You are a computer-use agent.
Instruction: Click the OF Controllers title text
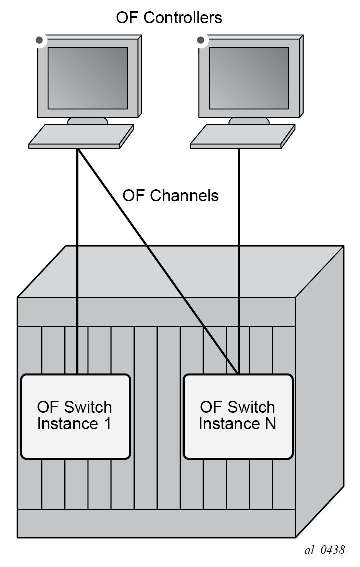coord(169,18)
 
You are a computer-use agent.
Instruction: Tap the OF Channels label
coord(170,196)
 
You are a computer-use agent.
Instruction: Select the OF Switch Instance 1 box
coord(75,416)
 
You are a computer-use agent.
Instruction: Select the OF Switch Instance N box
coord(238,416)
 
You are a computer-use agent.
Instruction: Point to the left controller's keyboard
coord(81,136)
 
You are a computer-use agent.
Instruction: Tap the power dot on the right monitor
coord(201,40)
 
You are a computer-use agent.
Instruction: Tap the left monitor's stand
coord(88,121)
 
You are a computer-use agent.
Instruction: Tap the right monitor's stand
coord(249,121)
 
